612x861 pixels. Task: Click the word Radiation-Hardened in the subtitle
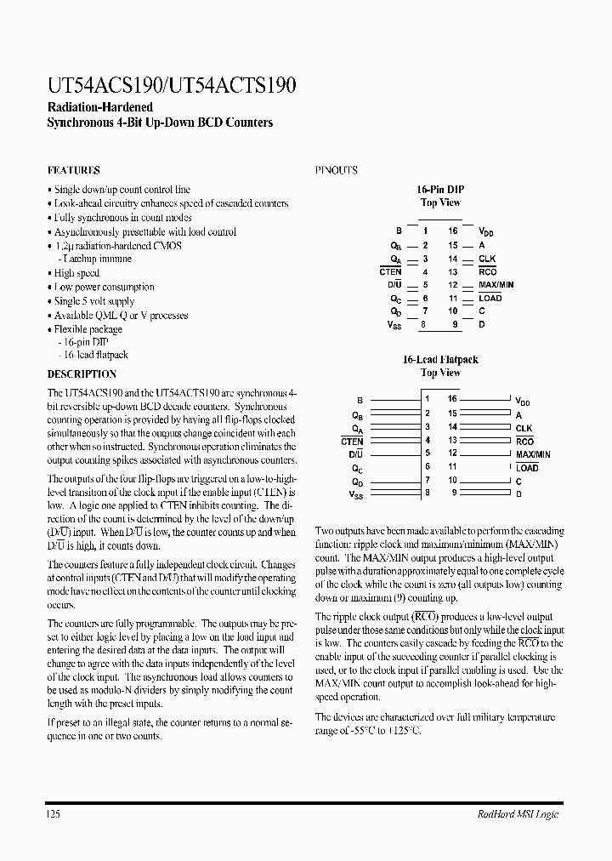pyautogui.click(x=99, y=107)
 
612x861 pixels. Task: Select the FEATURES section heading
pyautogui.click(x=74, y=170)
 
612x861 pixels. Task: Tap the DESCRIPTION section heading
pyautogui.click(x=82, y=373)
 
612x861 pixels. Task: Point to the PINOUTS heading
pyautogui.click(x=337, y=170)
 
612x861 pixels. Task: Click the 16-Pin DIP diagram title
pyautogui.click(x=440, y=190)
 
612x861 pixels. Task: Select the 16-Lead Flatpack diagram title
pyautogui.click(x=440, y=360)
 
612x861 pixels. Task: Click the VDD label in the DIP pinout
pyautogui.click(x=485, y=231)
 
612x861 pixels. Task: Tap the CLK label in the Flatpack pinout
pyautogui.click(x=524, y=428)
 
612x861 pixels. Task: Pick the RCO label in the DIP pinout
pyautogui.click(x=487, y=271)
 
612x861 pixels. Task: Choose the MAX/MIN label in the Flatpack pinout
pyautogui.click(x=533, y=454)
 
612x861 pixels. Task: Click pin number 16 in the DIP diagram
pyautogui.click(x=453, y=231)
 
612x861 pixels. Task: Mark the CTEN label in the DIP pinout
pyautogui.click(x=391, y=271)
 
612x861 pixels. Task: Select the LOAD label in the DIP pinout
pyautogui.click(x=490, y=298)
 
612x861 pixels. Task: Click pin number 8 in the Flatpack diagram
pyautogui.click(x=428, y=493)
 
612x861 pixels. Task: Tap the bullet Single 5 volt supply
pyautogui.click(x=93, y=301)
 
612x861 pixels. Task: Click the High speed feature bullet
pyautogui.click(x=76, y=273)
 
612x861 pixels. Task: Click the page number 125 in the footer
pyautogui.click(x=54, y=814)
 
